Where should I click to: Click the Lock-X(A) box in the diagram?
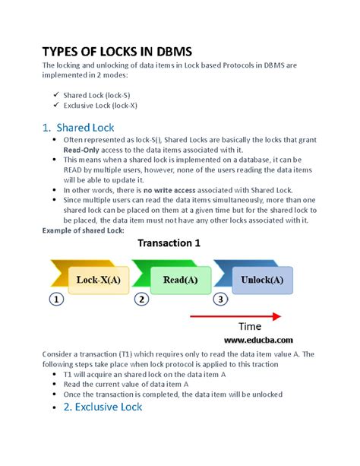(x=98, y=279)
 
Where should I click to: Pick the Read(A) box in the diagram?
(x=180, y=279)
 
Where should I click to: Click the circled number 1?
(x=55, y=300)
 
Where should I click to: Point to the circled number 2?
(x=141, y=300)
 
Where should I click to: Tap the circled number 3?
(x=219, y=300)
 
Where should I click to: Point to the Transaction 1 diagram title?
(x=178, y=244)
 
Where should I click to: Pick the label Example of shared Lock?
(x=83, y=230)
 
